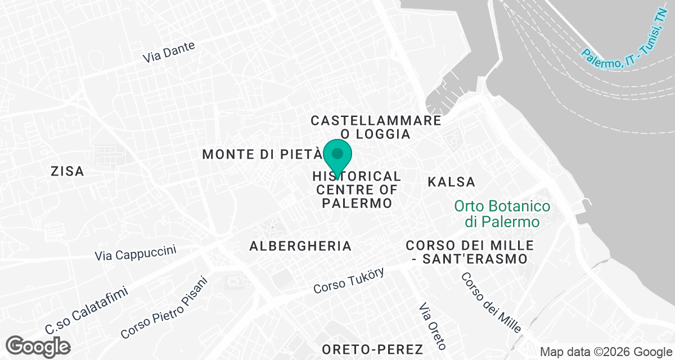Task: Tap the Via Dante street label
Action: point(169,52)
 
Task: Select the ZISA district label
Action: point(67,171)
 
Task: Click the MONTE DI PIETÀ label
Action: point(262,154)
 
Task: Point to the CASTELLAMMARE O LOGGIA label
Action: point(376,127)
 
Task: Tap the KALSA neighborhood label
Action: point(451,182)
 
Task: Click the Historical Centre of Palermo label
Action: point(357,190)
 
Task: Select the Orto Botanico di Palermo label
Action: point(502,214)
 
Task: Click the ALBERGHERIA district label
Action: point(300,246)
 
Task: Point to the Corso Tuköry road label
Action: point(349,281)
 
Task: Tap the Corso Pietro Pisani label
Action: point(164,308)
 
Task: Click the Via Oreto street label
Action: point(433,326)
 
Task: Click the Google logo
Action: point(39,346)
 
